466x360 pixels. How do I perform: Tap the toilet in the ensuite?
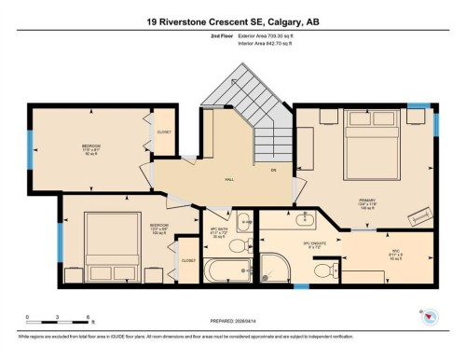[323, 270]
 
